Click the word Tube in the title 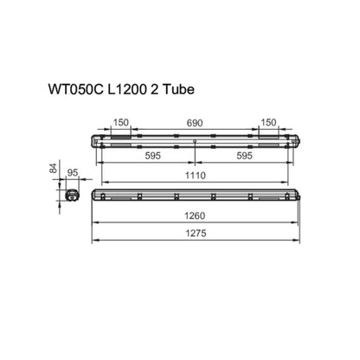coord(178,89)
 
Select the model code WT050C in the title coord(75,89)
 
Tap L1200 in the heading coord(127,89)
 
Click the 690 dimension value coord(195,123)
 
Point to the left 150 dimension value coord(120,122)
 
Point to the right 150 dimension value coord(268,122)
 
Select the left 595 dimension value coord(152,156)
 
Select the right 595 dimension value coord(244,156)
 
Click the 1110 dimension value coord(196,176)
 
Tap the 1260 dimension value coord(195,215)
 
